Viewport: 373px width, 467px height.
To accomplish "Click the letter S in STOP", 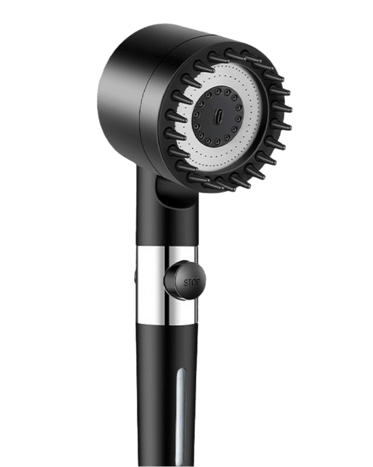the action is click(186, 282).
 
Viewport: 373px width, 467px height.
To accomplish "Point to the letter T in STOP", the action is click(190, 282).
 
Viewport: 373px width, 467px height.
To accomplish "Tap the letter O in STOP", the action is click(194, 282).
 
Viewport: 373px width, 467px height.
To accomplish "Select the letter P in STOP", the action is click(199, 281).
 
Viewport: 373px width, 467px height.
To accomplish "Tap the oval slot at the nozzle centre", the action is click(217, 116).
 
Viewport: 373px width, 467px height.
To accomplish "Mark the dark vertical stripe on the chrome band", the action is click(166, 285).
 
